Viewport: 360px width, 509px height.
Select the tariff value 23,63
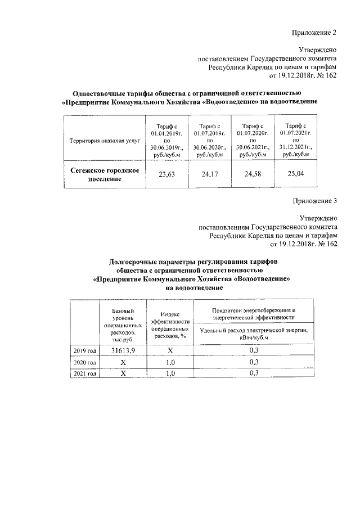click(166, 174)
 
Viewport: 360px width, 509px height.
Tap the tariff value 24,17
click(209, 174)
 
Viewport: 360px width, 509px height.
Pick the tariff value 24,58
click(253, 174)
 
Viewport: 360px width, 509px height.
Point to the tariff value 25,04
click(295, 174)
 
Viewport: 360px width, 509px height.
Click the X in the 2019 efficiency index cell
click(169, 350)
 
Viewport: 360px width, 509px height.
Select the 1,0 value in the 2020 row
click(169, 362)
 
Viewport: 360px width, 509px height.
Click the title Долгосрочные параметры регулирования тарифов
click(193, 262)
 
